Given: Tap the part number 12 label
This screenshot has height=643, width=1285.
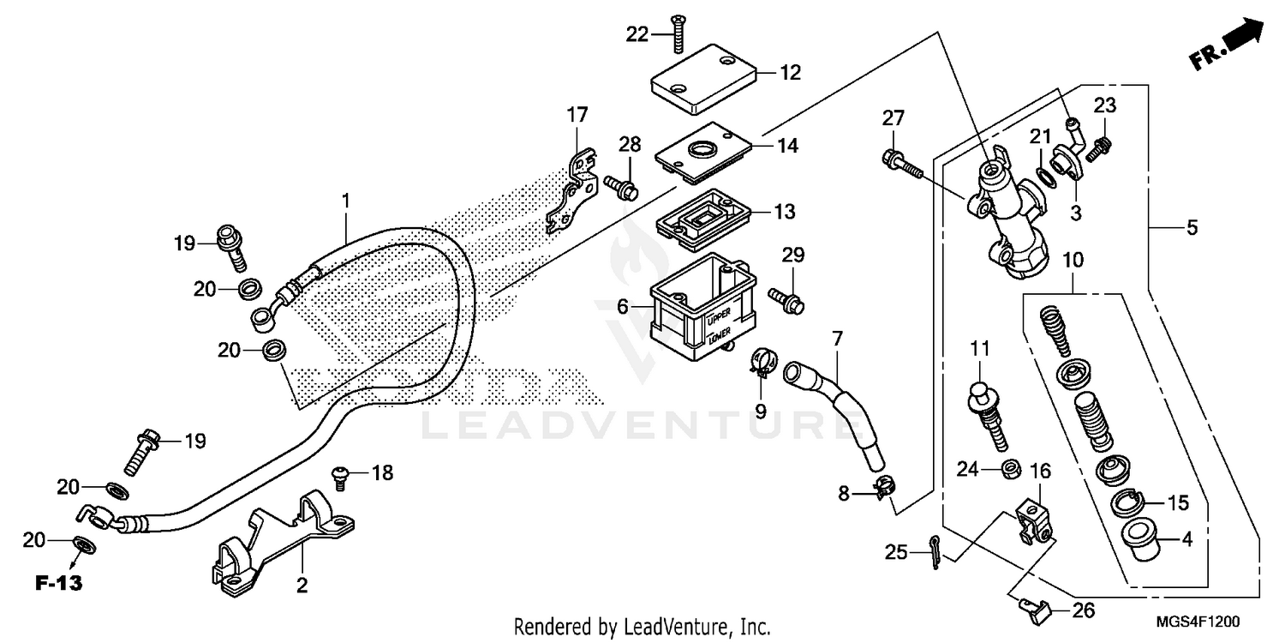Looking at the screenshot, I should (x=790, y=73).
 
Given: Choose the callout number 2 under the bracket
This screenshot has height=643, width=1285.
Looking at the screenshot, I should (x=302, y=586).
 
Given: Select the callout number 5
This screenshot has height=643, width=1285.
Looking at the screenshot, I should (x=1192, y=229).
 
